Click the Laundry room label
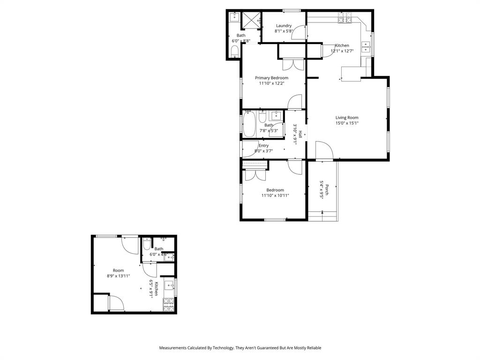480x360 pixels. (284, 26)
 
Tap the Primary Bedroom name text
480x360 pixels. (271, 78)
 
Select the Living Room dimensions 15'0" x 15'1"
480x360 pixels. (347, 123)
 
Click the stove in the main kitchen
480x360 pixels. (345, 18)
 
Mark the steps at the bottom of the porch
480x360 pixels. (323, 216)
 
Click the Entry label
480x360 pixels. (263, 146)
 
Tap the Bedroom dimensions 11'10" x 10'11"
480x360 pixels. (275, 195)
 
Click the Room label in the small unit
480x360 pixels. (118, 270)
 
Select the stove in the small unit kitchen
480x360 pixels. (168, 305)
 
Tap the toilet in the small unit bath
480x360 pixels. (146, 245)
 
